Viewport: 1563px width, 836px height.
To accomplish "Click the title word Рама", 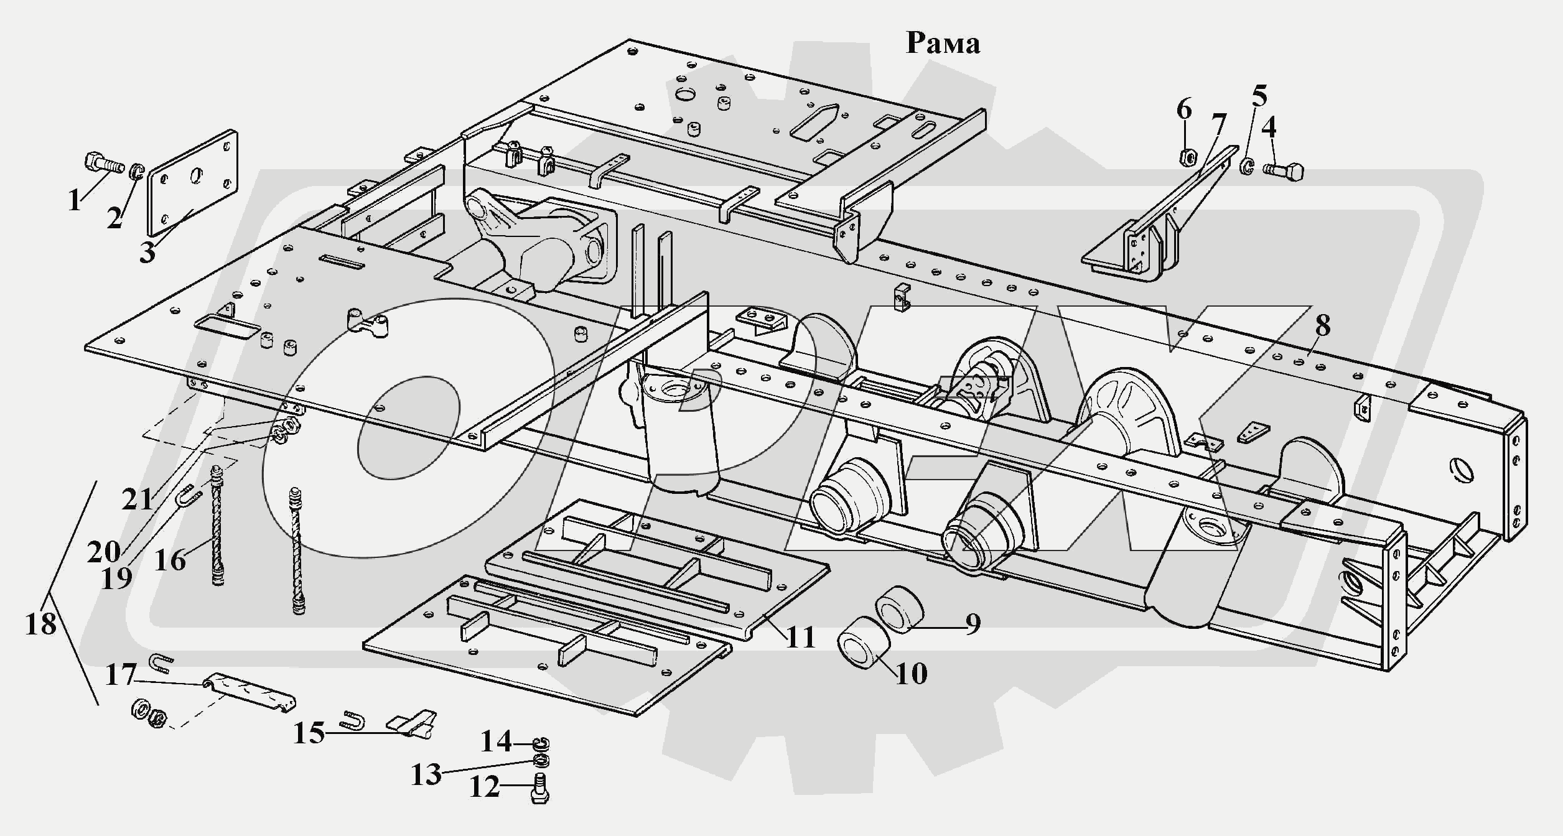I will pos(943,43).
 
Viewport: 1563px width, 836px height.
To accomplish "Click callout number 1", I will pos(75,200).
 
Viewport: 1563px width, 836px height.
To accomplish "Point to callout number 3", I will pos(147,253).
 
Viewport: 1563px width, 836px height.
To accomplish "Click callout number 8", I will pos(1322,325).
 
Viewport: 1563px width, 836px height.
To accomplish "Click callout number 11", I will pos(801,638).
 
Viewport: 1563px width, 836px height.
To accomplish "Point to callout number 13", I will pos(426,775).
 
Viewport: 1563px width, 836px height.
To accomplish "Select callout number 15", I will pos(309,733).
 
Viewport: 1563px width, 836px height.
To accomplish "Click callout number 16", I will pos(170,560).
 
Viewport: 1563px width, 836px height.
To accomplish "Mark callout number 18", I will pos(41,623).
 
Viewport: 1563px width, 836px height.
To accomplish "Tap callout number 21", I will pos(138,499).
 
